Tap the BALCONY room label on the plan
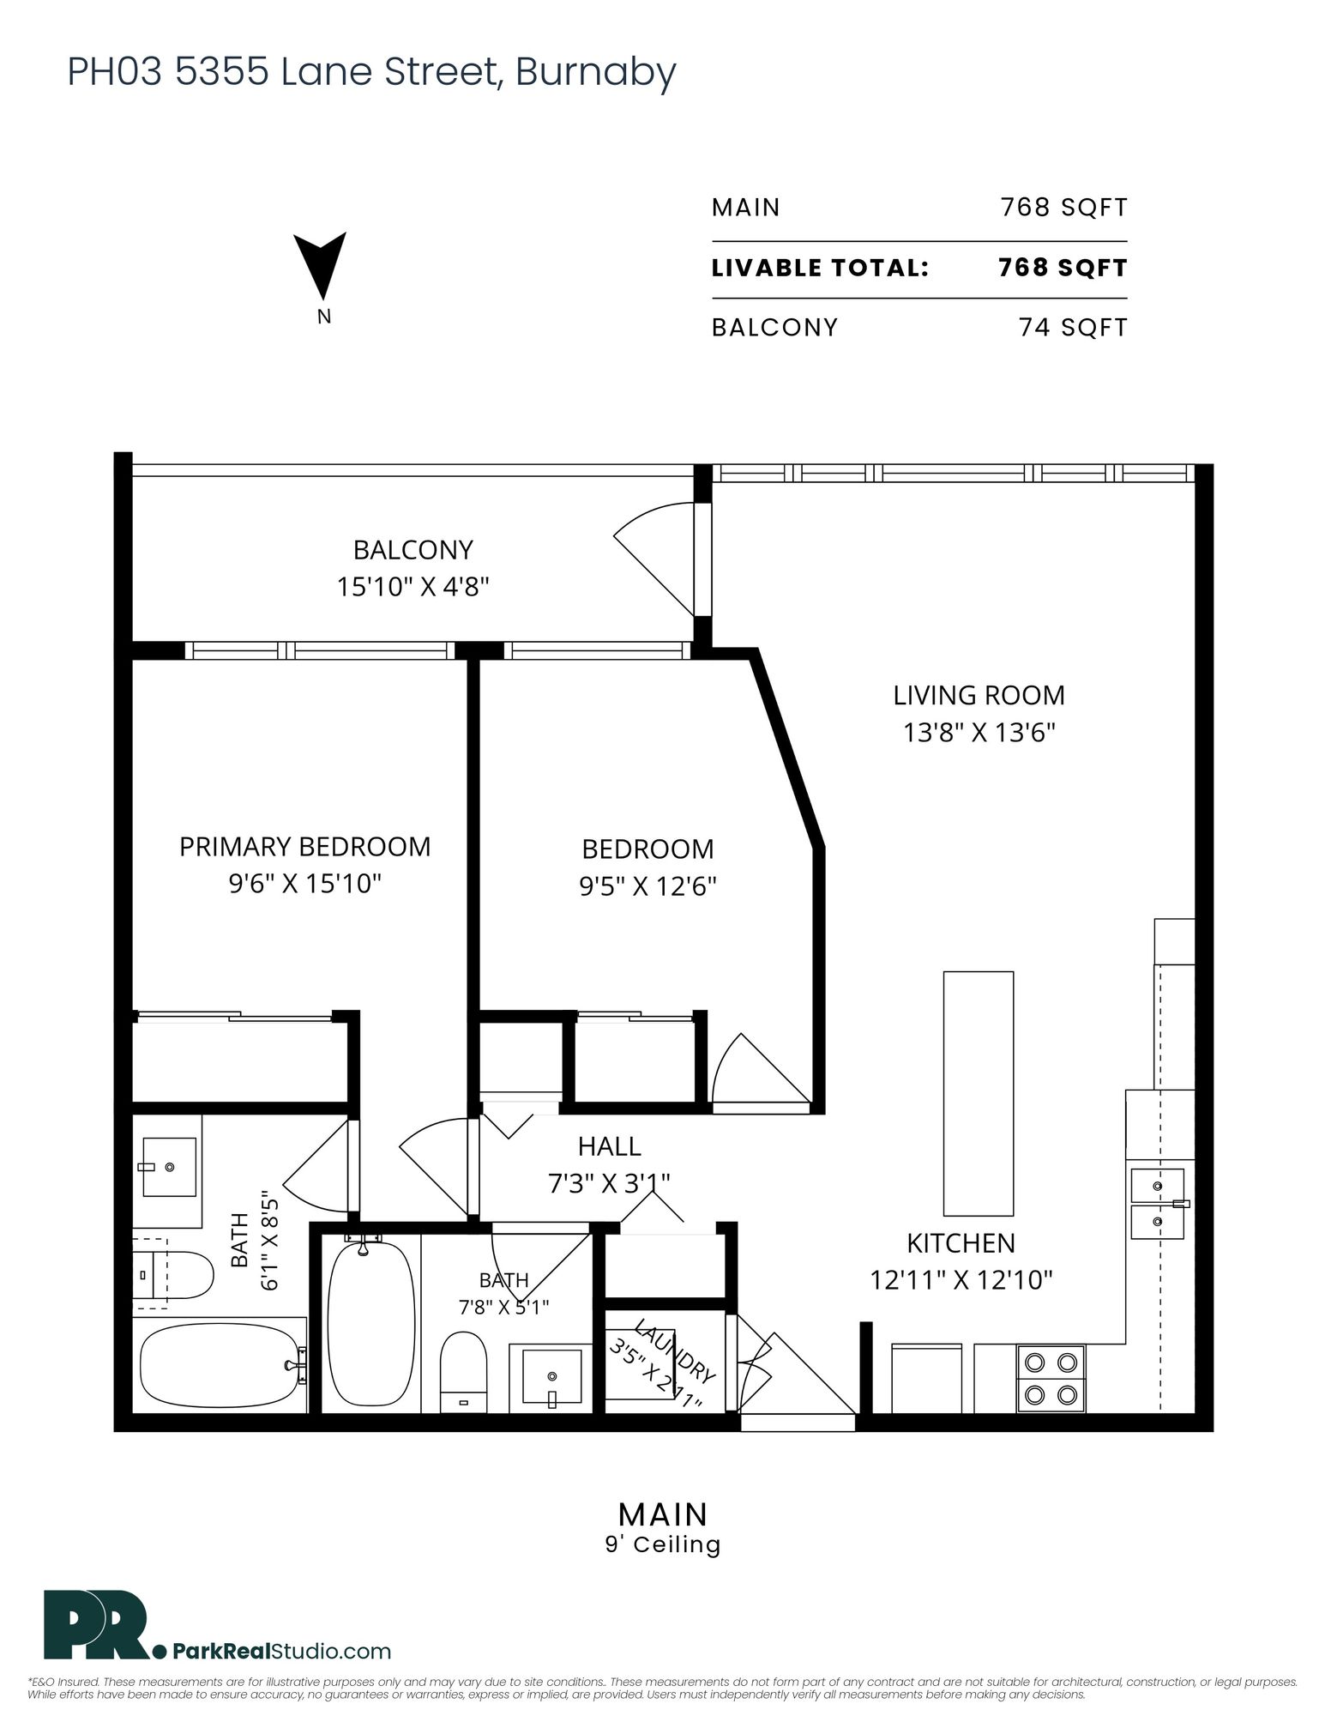(413, 549)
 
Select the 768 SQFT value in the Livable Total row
(1063, 268)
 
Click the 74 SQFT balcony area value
(1073, 328)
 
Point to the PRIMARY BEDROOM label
(304, 847)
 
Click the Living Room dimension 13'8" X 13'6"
(979, 733)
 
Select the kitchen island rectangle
(979, 1093)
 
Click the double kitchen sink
(1158, 1203)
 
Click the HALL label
(609, 1146)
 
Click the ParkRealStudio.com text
(281, 1651)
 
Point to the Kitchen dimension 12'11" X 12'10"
(961, 1280)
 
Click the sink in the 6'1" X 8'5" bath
(169, 1167)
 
